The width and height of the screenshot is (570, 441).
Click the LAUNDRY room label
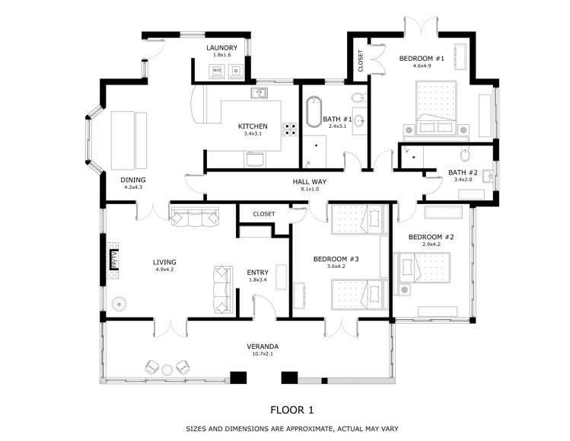pyautogui.click(x=222, y=48)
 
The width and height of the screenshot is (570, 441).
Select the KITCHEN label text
pyautogui.click(x=253, y=126)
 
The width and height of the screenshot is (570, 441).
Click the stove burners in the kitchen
pyautogui.click(x=290, y=129)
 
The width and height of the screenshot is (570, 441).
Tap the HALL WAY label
pyautogui.click(x=310, y=181)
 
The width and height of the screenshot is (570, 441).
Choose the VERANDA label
pyautogui.click(x=263, y=345)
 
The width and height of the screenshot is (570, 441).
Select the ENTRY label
pyautogui.click(x=258, y=272)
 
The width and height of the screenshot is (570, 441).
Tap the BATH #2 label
pyautogui.click(x=462, y=172)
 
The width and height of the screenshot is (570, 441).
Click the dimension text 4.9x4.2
pyautogui.click(x=164, y=269)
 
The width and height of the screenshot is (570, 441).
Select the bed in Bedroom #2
pyautogui.click(x=425, y=270)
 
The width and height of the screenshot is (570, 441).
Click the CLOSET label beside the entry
pyautogui.click(x=263, y=214)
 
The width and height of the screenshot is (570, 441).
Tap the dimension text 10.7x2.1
pyautogui.click(x=263, y=353)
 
